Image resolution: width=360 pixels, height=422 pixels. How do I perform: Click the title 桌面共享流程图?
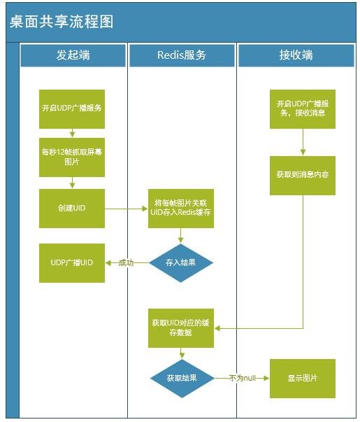[x=62, y=22]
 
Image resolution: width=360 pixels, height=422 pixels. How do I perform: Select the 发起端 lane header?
[x=73, y=55]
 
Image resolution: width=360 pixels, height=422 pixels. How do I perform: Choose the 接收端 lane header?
[x=296, y=55]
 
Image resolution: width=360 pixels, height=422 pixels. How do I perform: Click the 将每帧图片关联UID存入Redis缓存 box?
[x=180, y=208]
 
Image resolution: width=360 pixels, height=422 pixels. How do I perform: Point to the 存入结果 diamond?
[x=181, y=262]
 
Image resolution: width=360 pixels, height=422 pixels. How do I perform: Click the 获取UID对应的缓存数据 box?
[x=180, y=328]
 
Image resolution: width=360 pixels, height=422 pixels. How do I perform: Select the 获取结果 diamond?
[x=181, y=379]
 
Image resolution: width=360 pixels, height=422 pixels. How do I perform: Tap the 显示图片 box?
[x=303, y=379]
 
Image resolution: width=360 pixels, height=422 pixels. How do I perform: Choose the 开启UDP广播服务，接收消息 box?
[x=303, y=109]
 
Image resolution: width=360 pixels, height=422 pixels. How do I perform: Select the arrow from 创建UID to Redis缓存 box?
[x=126, y=208]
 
